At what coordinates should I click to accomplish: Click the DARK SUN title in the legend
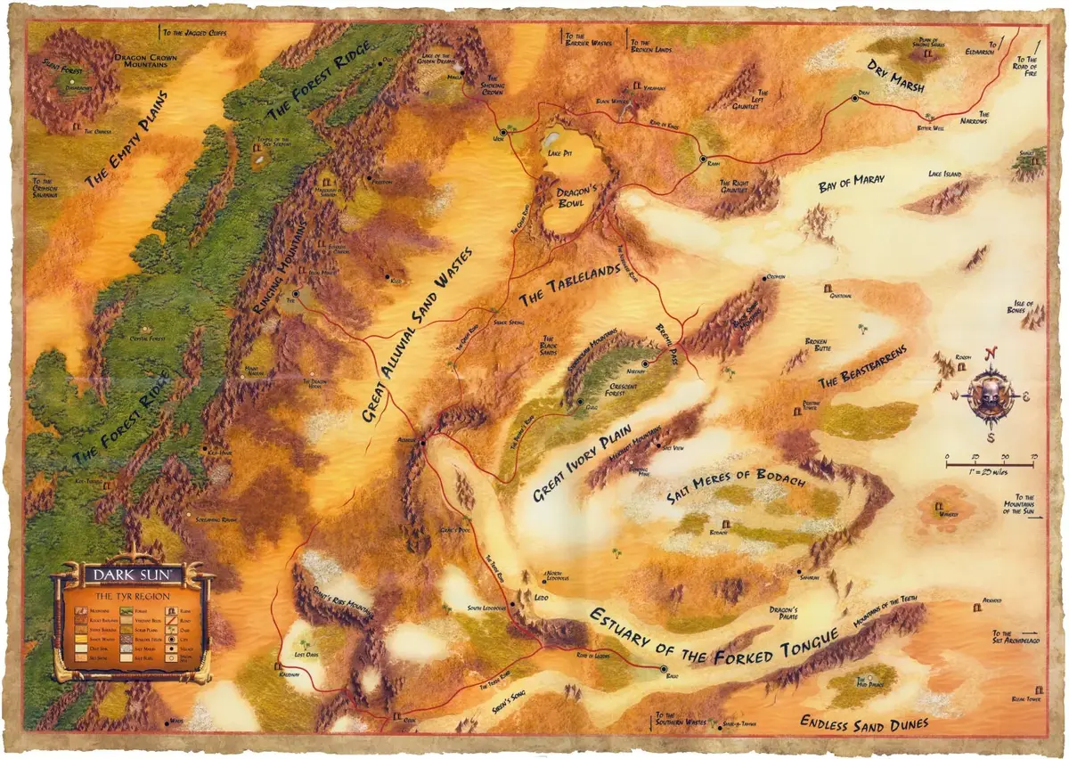133,571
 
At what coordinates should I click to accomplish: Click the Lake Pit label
560,154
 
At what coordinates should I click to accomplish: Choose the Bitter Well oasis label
930,128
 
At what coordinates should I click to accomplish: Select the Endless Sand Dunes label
865,722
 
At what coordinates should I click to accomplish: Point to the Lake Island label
945,175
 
